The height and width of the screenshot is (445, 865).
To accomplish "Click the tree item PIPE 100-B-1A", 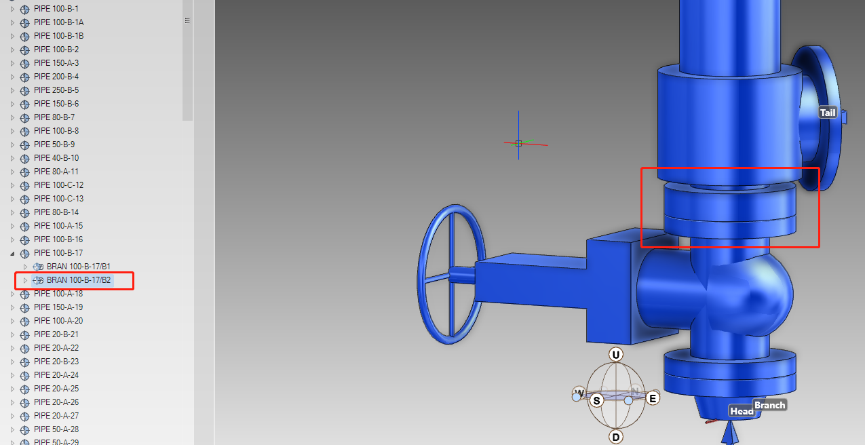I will pyautogui.click(x=58, y=22).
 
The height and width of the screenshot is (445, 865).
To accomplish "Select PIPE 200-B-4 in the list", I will pyautogui.click(x=56, y=77).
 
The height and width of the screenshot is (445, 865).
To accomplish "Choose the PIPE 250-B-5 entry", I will pyautogui.click(x=56, y=90).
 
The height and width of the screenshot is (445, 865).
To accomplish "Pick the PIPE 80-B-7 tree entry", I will pyautogui.click(x=54, y=117).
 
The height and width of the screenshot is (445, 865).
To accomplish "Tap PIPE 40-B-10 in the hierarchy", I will pyautogui.click(x=56, y=158).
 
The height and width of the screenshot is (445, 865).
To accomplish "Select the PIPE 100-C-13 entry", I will pyautogui.click(x=58, y=199).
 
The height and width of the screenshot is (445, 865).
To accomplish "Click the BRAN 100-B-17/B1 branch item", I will pyautogui.click(x=78, y=267).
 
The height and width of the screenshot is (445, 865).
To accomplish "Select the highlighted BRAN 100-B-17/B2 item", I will pyautogui.click(x=79, y=280).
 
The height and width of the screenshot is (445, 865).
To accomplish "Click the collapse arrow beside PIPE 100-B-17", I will pyautogui.click(x=12, y=253).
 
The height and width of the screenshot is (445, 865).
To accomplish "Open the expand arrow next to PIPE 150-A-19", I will pyautogui.click(x=12, y=307).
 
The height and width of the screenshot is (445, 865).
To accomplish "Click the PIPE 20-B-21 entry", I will pyautogui.click(x=56, y=334).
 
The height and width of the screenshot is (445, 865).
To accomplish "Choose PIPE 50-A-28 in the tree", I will pyautogui.click(x=56, y=429).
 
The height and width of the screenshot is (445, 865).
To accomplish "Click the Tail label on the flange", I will pyautogui.click(x=828, y=113).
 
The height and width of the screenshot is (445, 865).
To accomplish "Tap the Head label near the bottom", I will pyautogui.click(x=742, y=411).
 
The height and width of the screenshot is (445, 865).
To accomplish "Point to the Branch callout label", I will pyautogui.click(x=770, y=405).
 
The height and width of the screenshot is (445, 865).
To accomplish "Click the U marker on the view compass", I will pyautogui.click(x=616, y=355).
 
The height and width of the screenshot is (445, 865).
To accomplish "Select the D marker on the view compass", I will pyautogui.click(x=616, y=437).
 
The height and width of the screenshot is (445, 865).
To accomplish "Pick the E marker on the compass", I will pyautogui.click(x=653, y=399).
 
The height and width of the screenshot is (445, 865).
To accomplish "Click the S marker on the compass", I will pyautogui.click(x=597, y=400).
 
